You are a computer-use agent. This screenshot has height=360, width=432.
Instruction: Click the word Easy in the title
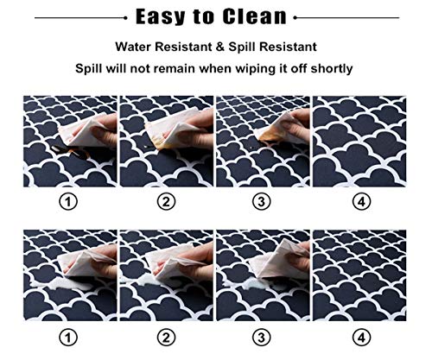tap(161, 17)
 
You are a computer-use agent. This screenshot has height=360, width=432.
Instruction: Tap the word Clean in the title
tap(255, 16)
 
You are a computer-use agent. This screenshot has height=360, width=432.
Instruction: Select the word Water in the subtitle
tap(134, 47)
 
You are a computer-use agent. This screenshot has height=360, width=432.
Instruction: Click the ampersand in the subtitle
tap(219, 47)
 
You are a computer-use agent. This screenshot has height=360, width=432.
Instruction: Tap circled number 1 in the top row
tap(68, 202)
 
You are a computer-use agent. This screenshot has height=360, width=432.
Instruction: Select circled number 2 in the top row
tap(166, 202)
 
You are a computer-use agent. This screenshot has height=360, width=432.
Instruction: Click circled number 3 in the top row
tap(261, 202)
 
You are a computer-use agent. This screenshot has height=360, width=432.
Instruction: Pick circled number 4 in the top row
tap(361, 202)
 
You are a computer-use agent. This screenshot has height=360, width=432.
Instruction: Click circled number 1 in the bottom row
tap(68, 338)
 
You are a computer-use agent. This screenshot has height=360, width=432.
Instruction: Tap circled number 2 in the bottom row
tap(166, 338)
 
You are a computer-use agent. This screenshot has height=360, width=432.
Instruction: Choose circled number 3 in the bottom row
tap(261, 338)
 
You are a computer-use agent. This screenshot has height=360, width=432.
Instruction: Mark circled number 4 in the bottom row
tap(361, 338)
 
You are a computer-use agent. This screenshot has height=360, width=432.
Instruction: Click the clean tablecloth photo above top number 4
tap(359, 142)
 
